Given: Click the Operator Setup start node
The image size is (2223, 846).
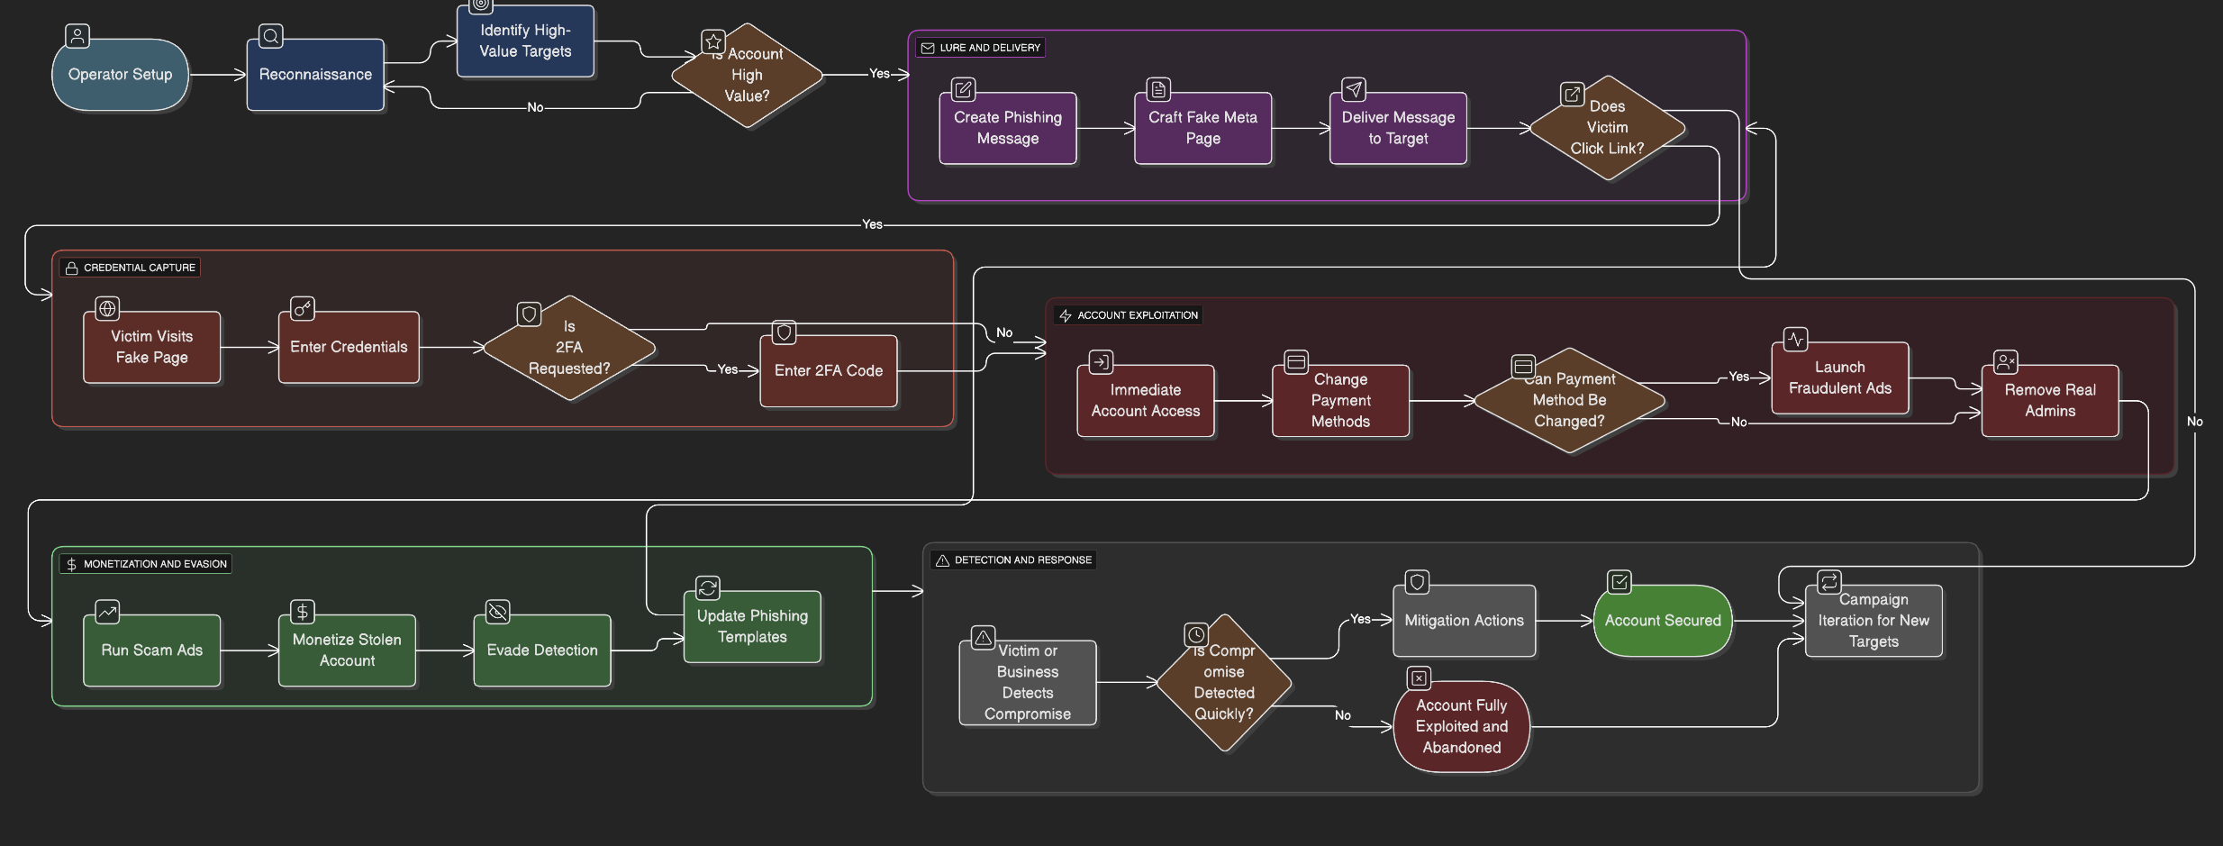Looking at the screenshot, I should pos(120,75).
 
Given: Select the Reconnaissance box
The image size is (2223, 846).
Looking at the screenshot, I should pos(315,75).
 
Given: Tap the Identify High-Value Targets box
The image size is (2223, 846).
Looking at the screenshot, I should pos(525,41).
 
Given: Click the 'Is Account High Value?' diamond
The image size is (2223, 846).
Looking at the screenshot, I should pos(747,76).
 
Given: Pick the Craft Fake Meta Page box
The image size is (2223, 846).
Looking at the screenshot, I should pos(1202,128).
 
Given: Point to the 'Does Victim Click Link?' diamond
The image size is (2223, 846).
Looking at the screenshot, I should pos(1607,128).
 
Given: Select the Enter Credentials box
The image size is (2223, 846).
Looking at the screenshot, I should pos(349,347).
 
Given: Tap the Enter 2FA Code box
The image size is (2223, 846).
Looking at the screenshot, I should pos(828,370).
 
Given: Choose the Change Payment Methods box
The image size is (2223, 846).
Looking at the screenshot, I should pos(1340,401).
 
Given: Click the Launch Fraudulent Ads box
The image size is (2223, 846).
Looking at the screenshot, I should pos(1839,378).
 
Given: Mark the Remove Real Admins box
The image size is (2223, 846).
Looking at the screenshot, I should pos(2049,401).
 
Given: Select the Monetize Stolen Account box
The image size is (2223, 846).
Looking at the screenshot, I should pos(347,650).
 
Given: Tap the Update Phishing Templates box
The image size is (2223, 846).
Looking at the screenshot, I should pos(752,627).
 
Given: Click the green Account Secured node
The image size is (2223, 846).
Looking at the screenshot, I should pos(1662,621).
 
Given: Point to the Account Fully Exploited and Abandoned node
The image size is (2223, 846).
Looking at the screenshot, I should pos(1461,726).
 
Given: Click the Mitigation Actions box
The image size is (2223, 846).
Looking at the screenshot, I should pos(1464,621).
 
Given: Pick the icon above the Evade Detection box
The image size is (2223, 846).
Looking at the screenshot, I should pos(497,613).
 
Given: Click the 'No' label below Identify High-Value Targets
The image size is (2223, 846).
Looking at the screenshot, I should pos(535,107).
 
